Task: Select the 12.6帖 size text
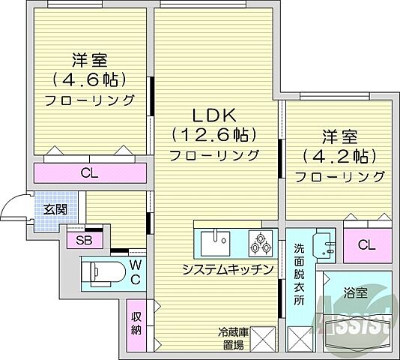215,135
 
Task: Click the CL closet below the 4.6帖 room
89,173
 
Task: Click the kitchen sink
216,243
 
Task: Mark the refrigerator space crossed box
264,340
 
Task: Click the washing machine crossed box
301,340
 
